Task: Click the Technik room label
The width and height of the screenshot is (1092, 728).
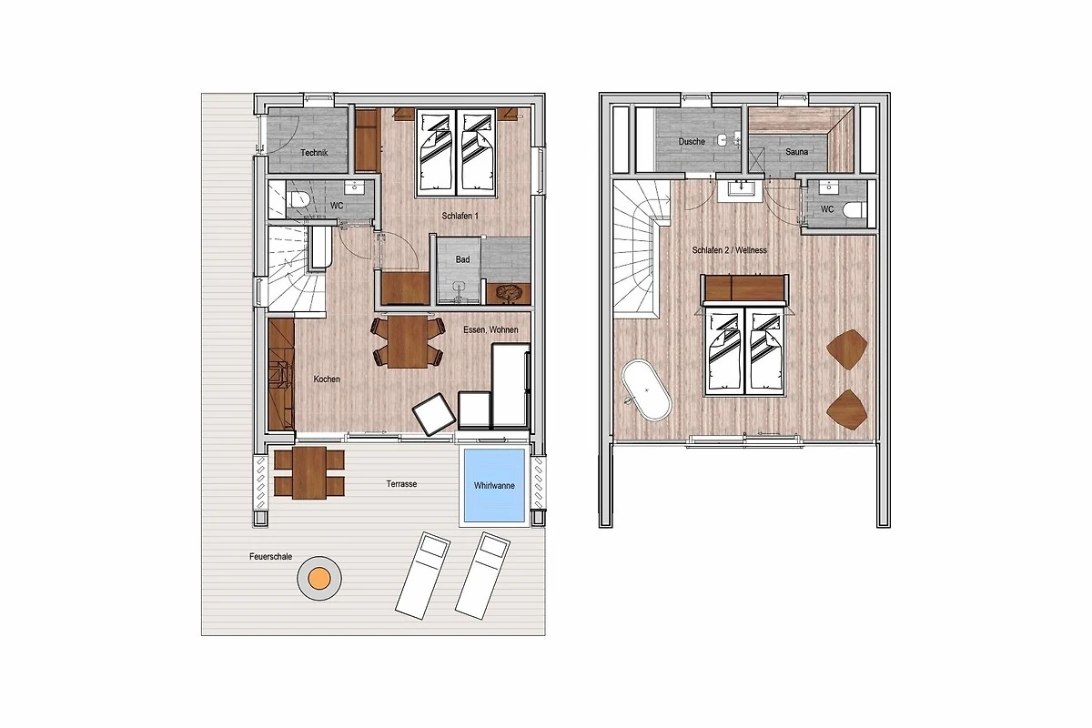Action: click(314, 153)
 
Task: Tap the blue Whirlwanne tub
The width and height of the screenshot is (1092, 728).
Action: click(494, 486)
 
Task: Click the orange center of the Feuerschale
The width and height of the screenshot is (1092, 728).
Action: click(319, 578)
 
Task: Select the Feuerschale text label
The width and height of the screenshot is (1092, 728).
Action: click(270, 556)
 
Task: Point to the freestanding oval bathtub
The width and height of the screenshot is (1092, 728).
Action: click(646, 390)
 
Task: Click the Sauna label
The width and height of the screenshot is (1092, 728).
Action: click(796, 152)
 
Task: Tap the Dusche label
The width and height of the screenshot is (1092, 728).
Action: click(692, 141)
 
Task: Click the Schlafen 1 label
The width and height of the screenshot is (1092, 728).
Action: click(460, 216)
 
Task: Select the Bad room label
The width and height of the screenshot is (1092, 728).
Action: click(462, 259)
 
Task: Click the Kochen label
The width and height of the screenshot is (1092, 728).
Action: click(327, 379)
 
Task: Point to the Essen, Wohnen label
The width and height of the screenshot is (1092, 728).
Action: click(490, 329)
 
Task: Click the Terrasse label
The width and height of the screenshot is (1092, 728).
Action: click(401, 484)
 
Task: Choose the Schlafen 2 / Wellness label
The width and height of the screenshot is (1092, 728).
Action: click(729, 250)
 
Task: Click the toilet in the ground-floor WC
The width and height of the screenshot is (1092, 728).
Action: click(298, 199)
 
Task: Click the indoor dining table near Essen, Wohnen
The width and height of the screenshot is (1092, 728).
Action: click(408, 342)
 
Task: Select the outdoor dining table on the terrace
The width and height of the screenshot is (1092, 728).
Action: click(309, 473)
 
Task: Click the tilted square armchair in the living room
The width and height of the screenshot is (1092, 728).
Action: click(434, 414)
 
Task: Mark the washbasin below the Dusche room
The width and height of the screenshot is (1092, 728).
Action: click(741, 188)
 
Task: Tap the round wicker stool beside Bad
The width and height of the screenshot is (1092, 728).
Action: click(509, 293)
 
